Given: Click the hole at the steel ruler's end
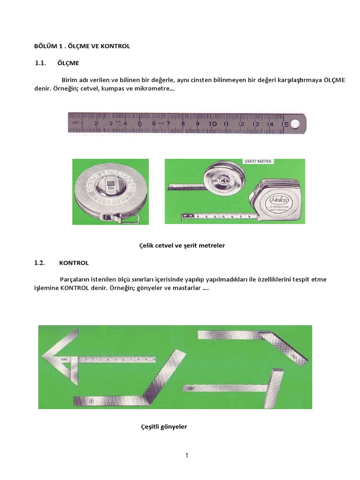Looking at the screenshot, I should click(295, 124).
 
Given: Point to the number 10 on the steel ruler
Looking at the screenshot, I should click(212, 124).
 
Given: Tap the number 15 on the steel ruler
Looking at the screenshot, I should click(284, 124).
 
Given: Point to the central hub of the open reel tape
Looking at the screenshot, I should click(220, 178).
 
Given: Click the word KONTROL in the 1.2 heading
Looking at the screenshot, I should click(74, 263).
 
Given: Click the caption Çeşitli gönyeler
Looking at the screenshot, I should click(164, 427).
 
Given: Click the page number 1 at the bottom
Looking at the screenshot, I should click(187, 455).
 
